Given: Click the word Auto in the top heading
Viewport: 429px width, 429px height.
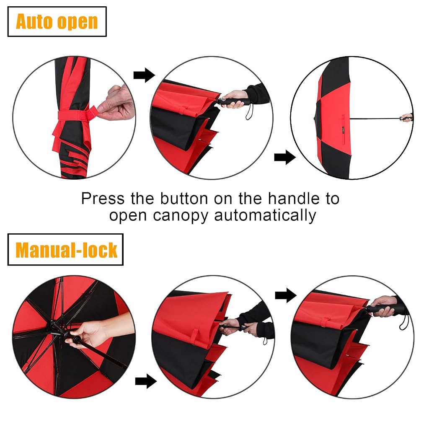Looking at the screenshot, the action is coord(34,21).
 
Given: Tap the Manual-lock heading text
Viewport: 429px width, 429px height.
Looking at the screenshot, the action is coord(66,250).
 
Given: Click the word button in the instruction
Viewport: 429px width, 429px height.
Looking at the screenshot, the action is coord(184,198).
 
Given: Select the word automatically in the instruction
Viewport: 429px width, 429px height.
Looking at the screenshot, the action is coord(265,215).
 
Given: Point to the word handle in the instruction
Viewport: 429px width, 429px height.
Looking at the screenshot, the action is coord(294,198).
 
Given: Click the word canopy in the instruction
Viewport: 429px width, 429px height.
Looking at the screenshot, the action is coord(181,216).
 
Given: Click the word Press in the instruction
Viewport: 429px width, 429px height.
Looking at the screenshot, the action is coord(103,198).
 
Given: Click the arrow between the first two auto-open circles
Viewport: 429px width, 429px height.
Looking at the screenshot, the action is coord(144,75).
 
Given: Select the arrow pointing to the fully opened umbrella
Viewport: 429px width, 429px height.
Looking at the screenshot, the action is coord(285,158).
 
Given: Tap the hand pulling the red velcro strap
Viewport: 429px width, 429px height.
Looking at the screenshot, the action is coord(116,103).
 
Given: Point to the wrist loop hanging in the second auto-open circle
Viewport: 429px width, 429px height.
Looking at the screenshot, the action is coord(249,112).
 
